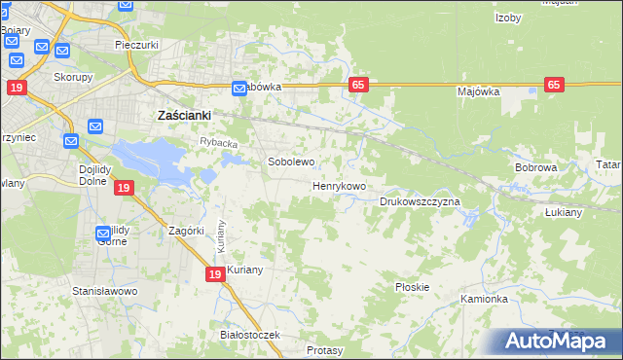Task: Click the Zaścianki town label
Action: pyautogui.click(x=185, y=115)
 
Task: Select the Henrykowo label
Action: pyautogui.click(x=339, y=185)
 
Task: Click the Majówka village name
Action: pyautogui.click(x=478, y=91)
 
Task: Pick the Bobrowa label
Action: pyautogui.click(x=535, y=167)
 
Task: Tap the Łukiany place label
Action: pyautogui.click(x=564, y=211)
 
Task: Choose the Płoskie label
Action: pyautogui.click(x=413, y=287)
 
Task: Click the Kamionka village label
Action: pyautogui.click(x=485, y=299)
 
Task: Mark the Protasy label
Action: pyautogui.click(x=323, y=349)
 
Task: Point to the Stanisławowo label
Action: pyautogui.click(x=105, y=291)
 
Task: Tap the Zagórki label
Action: pyautogui.click(x=185, y=231)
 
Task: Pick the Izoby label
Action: pyautogui.click(x=508, y=18)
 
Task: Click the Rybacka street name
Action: pyautogui.click(x=219, y=143)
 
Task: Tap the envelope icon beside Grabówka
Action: pyautogui.click(x=239, y=90)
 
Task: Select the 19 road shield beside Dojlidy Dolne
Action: pyautogui.click(x=123, y=188)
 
